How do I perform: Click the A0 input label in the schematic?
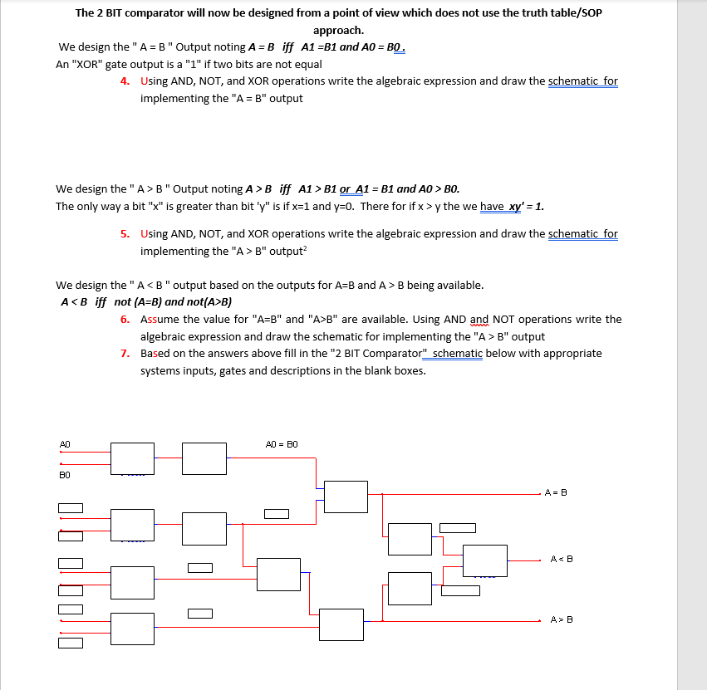(x=64, y=444)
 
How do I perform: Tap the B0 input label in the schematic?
(x=64, y=475)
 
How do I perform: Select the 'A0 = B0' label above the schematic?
(x=281, y=444)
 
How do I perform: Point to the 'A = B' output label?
(x=556, y=492)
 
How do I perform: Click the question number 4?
(x=124, y=81)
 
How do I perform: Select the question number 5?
(x=124, y=234)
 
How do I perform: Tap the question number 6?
(x=124, y=320)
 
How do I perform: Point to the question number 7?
(x=124, y=354)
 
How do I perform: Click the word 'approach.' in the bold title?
(x=338, y=30)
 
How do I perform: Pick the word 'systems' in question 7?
(x=162, y=370)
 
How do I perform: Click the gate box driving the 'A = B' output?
(x=346, y=497)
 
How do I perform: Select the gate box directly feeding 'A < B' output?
(x=484, y=560)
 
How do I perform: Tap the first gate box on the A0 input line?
(x=132, y=458)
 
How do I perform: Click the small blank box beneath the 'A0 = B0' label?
(x=277, y=514)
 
